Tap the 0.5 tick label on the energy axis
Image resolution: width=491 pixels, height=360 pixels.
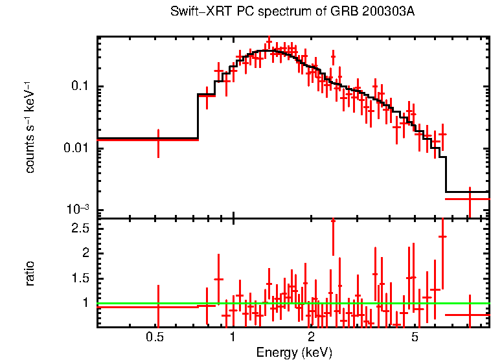(x=154, y=337)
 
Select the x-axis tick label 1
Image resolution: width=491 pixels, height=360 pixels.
(x=233, y=337)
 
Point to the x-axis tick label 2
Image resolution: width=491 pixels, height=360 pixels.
(x=311, y=337)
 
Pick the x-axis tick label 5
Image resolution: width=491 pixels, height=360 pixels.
(x=415, y=337)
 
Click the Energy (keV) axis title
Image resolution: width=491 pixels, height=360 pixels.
(x=294, y=352)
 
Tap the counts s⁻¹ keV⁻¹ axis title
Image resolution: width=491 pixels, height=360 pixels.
(x=30, y=127)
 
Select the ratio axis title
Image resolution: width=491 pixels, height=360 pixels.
(x=30, y=273)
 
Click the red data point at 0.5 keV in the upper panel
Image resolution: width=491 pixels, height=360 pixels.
(x=158, y=139)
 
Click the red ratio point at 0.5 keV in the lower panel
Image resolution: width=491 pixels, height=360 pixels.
(x=158, y=307)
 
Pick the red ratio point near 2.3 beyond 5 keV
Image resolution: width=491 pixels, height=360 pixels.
(x=443, y=236)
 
